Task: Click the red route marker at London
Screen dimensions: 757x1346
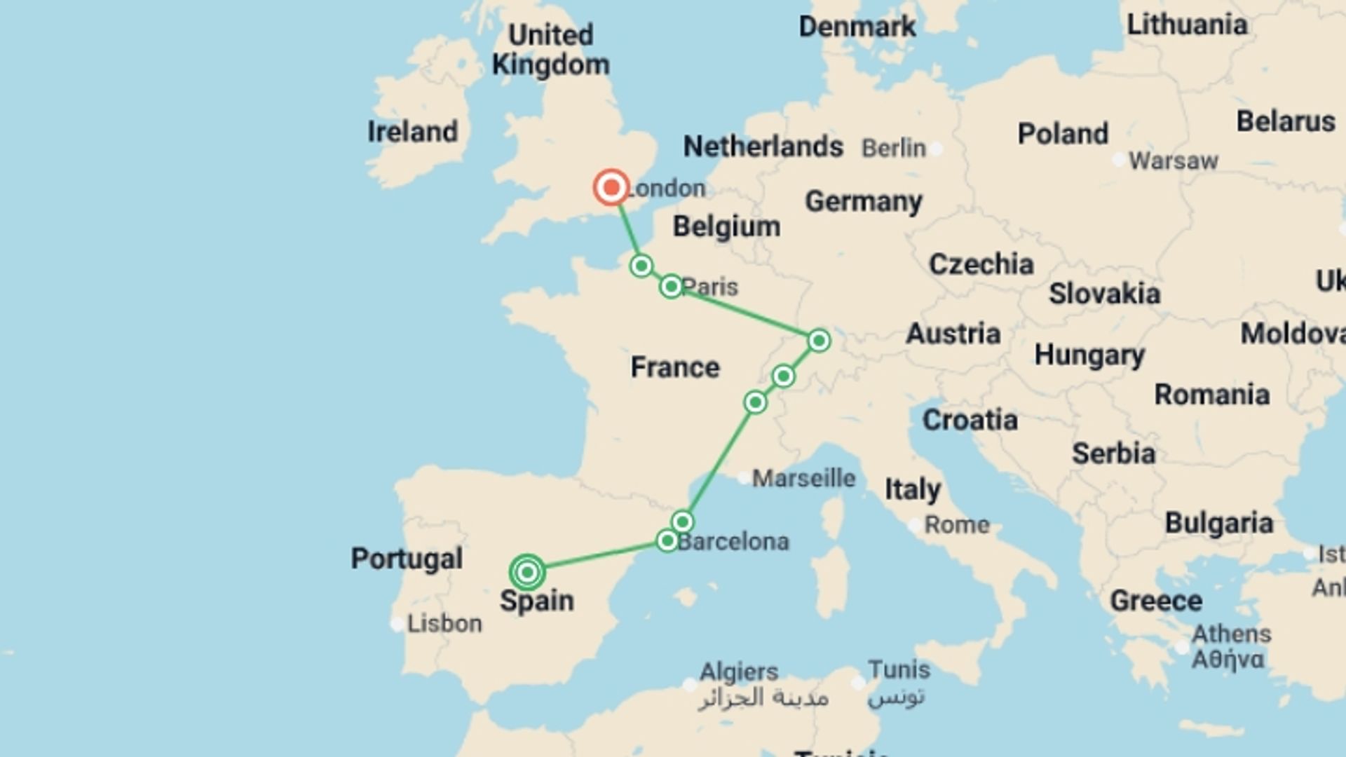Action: coord(611,187)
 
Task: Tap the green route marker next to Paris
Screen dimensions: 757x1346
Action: coord(671,286)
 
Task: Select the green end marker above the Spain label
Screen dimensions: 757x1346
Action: coord(527,573)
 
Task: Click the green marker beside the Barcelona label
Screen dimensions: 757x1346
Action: coord(667,540)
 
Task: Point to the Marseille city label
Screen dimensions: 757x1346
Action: coord(803,479)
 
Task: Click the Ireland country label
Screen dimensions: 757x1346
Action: coord(412,132)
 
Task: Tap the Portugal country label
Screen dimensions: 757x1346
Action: coord(407,559)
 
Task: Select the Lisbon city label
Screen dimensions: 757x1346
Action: coord(444,623)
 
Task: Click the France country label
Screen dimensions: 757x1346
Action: coord(674,367)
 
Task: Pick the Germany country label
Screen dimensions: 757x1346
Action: coord(863,202)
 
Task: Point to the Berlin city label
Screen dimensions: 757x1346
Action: coord(893,148)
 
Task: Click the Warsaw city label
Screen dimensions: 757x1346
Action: coord(1173,161)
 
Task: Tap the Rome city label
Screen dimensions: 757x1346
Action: coord(956,524)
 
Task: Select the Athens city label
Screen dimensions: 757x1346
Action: coord(1231,634)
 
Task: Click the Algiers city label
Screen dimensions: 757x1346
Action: coord(739,671)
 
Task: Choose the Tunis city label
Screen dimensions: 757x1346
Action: coord(899,669)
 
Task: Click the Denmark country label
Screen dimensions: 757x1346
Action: coord(857,27)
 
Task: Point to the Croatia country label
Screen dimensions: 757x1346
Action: coord(970,420)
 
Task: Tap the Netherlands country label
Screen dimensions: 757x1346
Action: coord(763,146)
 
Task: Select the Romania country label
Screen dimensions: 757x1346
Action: coord(1211,395)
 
